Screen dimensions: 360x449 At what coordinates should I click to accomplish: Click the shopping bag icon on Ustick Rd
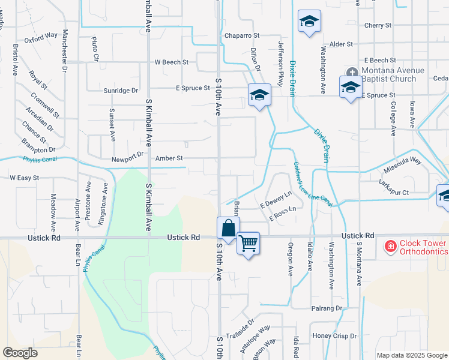click(228, 229)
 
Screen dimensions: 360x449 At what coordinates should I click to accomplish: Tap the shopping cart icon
click(248, 243)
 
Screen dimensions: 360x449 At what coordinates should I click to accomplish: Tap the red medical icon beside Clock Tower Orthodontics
click(390, 246)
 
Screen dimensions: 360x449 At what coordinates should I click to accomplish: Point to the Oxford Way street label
click(41, 36)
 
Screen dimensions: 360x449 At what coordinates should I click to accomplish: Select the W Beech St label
click(171, 62)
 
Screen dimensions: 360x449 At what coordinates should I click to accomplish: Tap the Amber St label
click(168, 158)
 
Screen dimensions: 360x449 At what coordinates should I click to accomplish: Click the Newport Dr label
click(127, 160)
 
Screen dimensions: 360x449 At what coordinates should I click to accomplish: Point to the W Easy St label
click(24, 178)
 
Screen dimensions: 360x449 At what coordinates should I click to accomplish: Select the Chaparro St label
click(241, 36)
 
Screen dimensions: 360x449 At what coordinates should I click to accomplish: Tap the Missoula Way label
click(403, 162)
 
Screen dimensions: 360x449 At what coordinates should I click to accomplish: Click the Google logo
click(20, 352)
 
